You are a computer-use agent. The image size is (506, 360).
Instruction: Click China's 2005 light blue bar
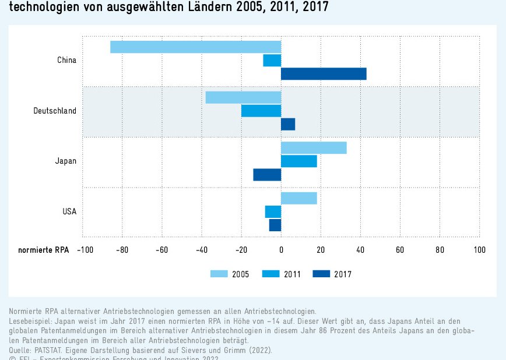click(x=195, y=47)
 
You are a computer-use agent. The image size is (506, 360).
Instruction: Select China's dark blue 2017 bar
click(x=324, y=74)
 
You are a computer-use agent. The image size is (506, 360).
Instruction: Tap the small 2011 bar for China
click(x=272, y=61)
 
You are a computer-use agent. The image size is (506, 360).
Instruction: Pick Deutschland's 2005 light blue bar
click(x=243, y=98)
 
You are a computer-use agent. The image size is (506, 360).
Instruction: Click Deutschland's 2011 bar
click(x=261, y=111)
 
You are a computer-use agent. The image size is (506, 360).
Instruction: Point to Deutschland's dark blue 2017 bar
click(x=288, y=124)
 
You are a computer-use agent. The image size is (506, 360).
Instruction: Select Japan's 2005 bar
click(x=314, y=148)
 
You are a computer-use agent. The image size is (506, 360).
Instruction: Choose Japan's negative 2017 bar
click(x=267, y=175)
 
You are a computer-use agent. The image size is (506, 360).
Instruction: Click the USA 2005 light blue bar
click(x=299, y=198)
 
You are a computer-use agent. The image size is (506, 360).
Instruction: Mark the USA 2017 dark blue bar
click(x=275, y=225)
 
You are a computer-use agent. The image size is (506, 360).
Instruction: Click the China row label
click(x=66, y=60)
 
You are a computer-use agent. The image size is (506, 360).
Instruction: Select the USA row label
click(x=69, y=211)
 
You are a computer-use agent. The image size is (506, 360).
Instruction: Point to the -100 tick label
click(x=85, y=250)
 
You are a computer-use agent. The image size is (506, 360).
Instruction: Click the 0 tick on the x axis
click(x=281, y=250)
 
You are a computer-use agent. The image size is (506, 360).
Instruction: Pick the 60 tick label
click(x=400, y=250)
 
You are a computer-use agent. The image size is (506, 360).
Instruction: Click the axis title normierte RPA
click(x=43, y=250)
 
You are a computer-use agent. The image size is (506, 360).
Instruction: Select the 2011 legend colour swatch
click(x=272, y=274)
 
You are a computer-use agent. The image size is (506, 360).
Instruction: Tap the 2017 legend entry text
click(x=343, y=274)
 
